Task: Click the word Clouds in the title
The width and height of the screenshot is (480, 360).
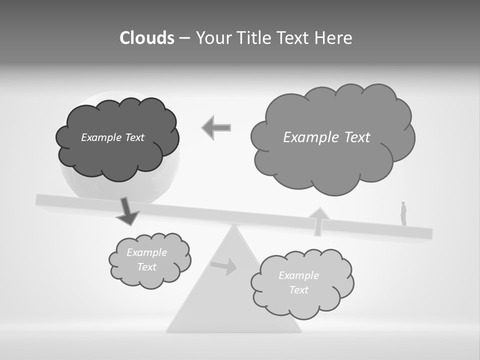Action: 147,38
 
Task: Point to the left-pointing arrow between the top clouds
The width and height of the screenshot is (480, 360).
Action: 216,128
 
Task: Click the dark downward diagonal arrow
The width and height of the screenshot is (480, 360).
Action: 127,211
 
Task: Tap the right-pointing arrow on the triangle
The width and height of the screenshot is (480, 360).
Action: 224,266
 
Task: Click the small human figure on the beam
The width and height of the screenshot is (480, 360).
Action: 403,213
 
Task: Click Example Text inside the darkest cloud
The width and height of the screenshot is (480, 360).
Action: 112,137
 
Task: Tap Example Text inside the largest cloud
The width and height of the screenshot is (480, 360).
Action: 326,137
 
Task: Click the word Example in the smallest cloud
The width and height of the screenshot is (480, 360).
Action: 146,252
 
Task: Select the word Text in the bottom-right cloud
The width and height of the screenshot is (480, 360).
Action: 298,290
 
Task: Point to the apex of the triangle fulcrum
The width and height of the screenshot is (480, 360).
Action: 233,226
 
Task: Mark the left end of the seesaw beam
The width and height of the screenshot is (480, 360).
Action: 38,199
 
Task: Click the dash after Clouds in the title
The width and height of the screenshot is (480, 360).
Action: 184,38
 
